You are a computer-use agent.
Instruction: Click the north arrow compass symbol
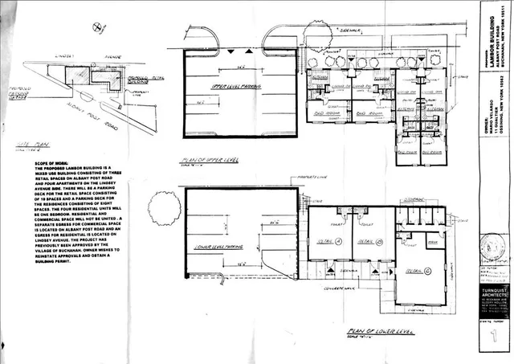98,28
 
